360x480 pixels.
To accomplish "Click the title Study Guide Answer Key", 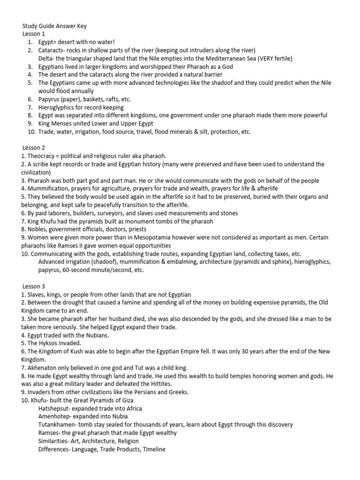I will [x=54, y=26].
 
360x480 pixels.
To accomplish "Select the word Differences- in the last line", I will [x=57, y=449].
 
